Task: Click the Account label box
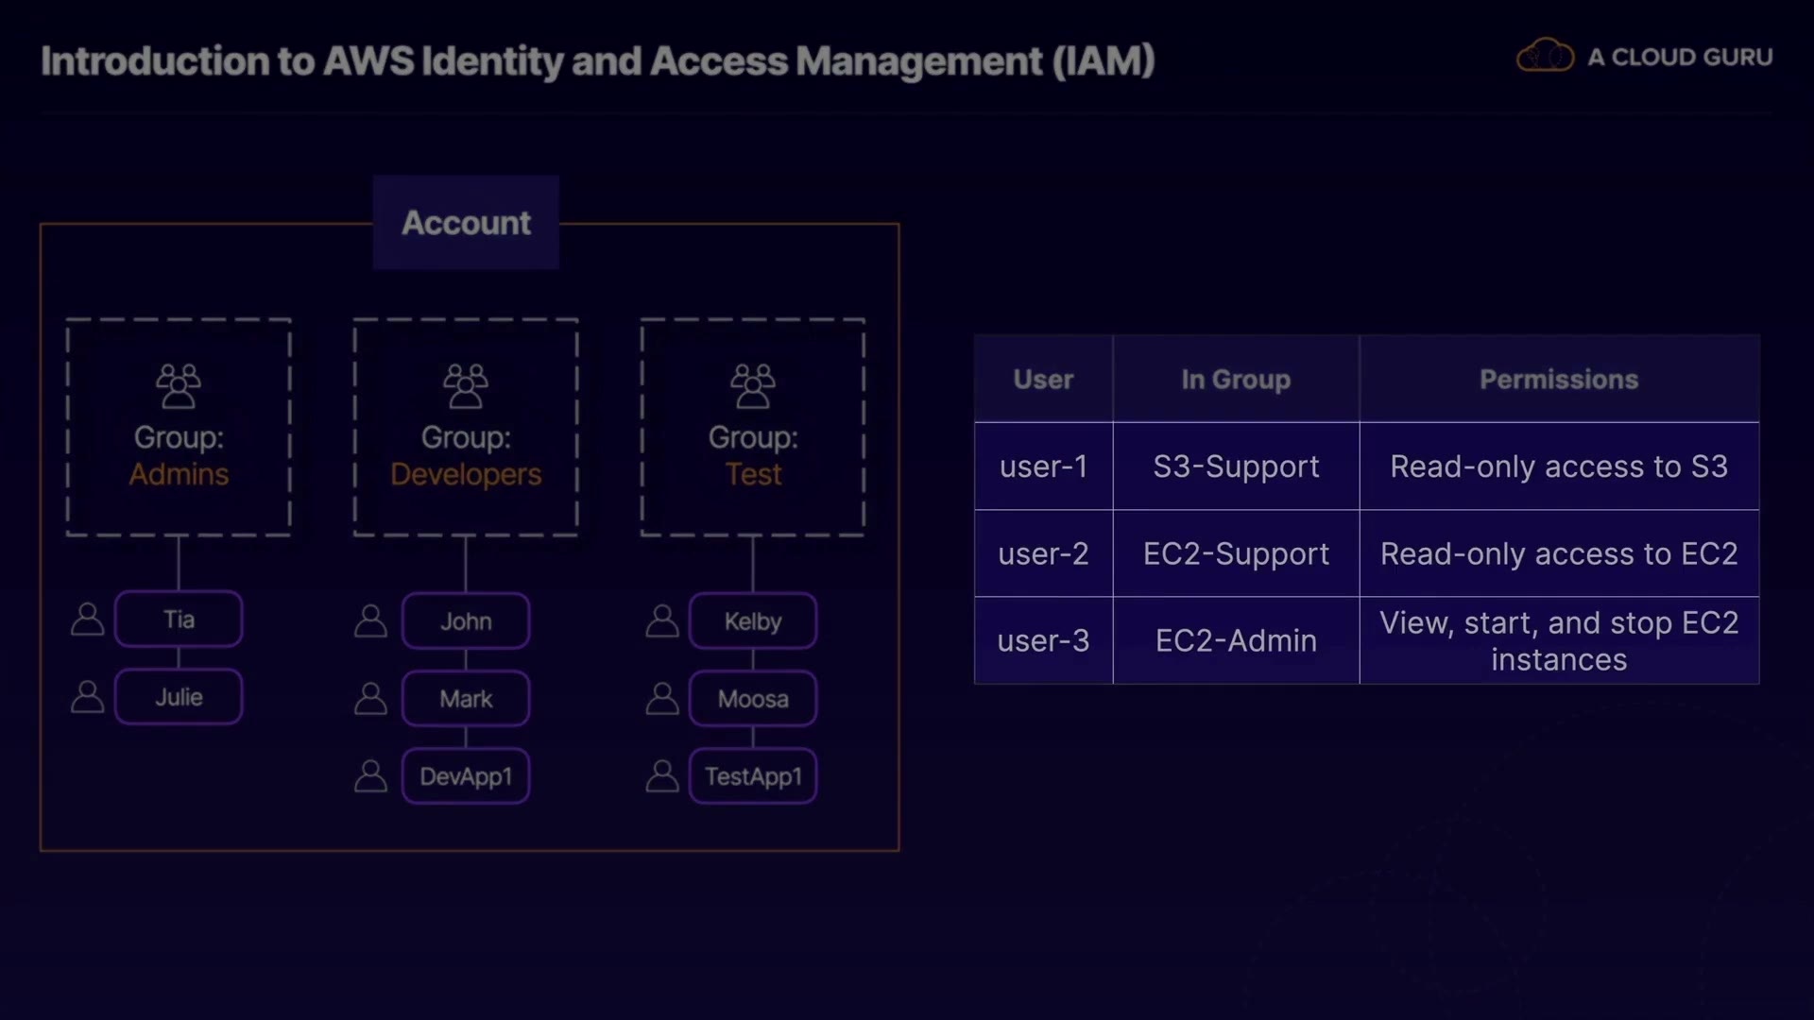(466, 223)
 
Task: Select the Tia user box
(179, 620)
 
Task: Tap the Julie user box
(179, 697)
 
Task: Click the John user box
(466, 621)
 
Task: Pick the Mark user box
(466, 699)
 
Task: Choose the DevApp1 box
(466, 776)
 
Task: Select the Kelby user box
(753, 621)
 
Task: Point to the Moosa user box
(753, 699)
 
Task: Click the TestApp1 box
(753, 776)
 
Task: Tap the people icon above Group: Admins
(179, 386)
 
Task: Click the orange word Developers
(466, 474)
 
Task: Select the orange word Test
(753, 474)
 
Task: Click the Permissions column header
(1559, 379)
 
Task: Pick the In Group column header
(1236, 379)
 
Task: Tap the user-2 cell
(1044, 553)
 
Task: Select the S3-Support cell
(1236, 467)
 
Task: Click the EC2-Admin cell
(1236, 640)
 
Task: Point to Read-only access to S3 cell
(1559, 467)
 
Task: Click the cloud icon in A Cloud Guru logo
(1546, 56)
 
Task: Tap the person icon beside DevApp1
(370, 775)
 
